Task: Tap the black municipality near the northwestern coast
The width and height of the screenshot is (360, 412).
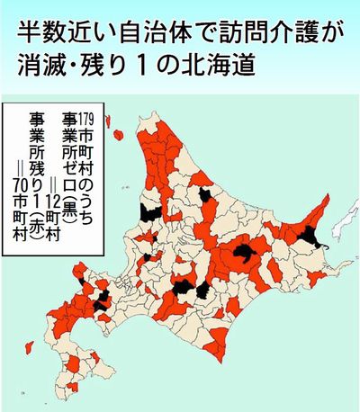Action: click(150, 213)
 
